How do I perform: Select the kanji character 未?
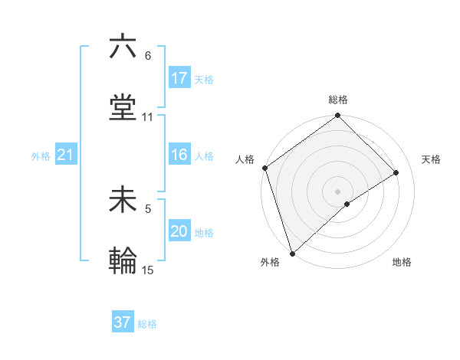(123, 201)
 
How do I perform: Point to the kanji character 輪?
(123, 261)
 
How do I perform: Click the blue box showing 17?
(179, 78)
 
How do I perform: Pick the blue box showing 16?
(179, 155)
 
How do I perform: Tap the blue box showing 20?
(179, 232)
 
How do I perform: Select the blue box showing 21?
(65, 155)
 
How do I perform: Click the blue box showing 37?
(123, 322)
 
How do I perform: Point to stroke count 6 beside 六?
(147, 56)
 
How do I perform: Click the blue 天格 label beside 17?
(204, 79)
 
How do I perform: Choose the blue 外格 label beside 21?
(41, 156)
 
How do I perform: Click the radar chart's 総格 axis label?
(338, 100)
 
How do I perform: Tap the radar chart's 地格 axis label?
(402, 262)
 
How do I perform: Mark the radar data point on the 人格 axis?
(264, 168)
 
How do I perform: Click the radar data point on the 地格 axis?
(347, 204)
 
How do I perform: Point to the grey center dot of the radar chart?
(337, 191)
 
